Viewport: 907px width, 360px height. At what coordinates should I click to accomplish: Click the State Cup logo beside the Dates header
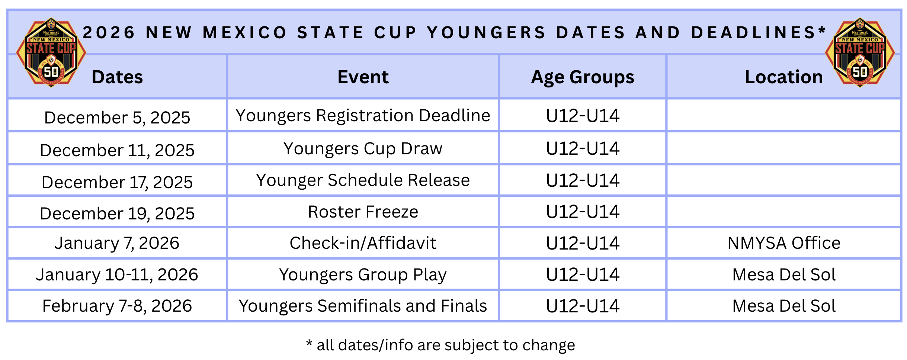[51, 53]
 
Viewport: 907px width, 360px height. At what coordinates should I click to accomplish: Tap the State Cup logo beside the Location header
[860, 53]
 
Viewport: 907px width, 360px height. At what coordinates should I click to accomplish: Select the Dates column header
[117, 77]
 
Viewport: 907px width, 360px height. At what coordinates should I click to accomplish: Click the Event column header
[363, 77]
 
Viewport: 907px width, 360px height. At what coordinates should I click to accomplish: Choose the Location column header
[784, 77]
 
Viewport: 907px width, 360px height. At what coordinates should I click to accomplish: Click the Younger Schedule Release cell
[363, 180]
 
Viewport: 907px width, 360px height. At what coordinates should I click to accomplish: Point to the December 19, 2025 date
[117, 213]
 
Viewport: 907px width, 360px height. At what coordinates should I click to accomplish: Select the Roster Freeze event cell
[363, 212]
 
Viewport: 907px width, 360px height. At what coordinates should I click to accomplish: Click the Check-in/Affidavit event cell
[363, 243]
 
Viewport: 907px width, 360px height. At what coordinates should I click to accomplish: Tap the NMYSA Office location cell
[784, 243]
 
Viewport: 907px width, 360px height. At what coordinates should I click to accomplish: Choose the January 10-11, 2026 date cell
[117, 274]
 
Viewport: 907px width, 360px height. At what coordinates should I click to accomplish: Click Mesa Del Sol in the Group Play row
[784, 274]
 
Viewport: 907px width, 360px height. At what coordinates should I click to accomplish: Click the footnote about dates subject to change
[440, 345]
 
